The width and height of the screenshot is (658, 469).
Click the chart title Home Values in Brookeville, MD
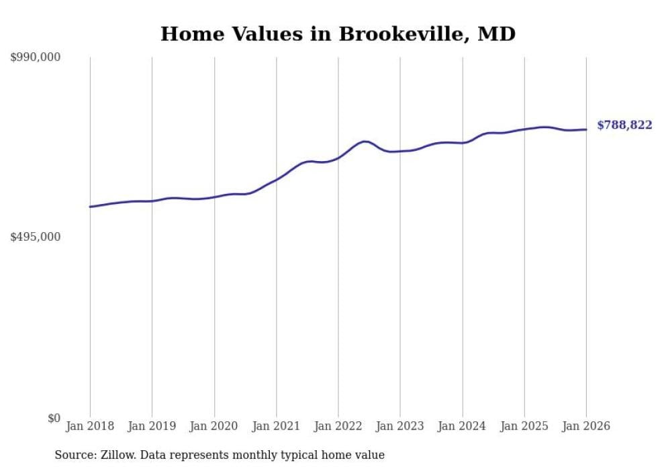338,34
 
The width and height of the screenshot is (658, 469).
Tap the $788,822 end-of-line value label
624,125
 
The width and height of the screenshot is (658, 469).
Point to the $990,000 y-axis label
36,58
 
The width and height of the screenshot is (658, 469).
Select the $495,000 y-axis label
36,237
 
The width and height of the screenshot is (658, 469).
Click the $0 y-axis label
54,418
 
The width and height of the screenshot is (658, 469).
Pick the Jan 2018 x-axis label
90,426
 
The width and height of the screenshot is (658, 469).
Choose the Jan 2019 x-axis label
152,426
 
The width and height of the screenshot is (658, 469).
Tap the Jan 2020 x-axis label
214,426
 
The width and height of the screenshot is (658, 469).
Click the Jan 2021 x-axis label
276,426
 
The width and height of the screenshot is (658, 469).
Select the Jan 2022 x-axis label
338,426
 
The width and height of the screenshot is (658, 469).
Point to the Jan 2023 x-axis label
400,426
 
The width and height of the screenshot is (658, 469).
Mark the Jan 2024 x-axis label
462,426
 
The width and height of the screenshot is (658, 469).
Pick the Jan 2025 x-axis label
524,426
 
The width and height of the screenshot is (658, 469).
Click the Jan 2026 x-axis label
586,426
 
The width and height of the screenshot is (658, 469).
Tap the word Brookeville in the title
397,34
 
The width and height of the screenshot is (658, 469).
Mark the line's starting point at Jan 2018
90,207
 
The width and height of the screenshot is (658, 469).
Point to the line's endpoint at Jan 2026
586,129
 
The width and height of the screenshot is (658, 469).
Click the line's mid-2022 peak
364,142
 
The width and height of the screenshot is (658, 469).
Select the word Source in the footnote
73,455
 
